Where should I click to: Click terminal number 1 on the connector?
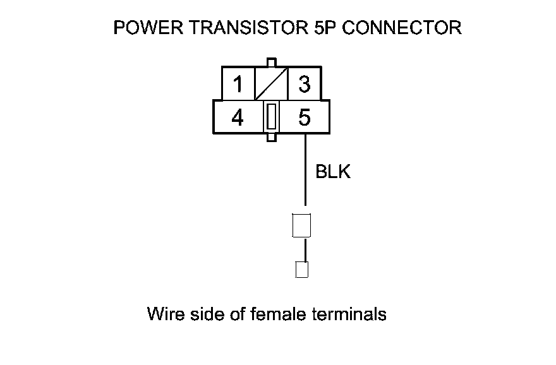coord(238,83)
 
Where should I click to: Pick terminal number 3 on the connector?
coord(304,83)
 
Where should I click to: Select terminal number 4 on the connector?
coord(238,117)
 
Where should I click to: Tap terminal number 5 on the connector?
coord(304,117)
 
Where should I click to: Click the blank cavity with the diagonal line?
coord(271,83)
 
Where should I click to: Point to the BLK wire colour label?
coord(332,172)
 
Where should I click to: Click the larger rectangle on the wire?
coord(301,225)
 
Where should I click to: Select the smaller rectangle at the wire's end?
coord(302,270)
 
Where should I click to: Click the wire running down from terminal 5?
coord(305,171)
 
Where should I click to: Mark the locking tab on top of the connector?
coord(271,63)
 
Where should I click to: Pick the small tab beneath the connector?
coord(271,136)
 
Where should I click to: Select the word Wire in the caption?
coord(166,314)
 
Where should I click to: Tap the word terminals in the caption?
coord(349,314)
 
